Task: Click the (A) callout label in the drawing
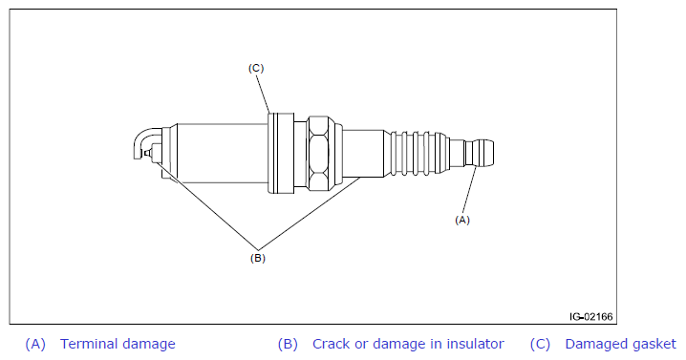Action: click(x=462, y=220)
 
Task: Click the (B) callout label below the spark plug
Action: click(x=258, y=258)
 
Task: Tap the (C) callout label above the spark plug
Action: click(x=256, y=68)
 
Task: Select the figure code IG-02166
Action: click(x=591, y=316)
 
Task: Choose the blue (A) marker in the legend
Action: click(x=35, y=345)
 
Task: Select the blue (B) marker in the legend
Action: click(x=288, y=345)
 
